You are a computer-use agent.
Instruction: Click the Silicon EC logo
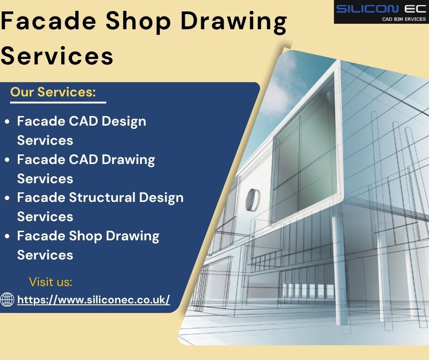[x=381, y=12]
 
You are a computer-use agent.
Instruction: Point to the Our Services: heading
[x=53, y=92]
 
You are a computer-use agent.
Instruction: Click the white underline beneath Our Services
[x=58, y=102]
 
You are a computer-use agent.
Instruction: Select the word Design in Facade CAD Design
[x=124, y=122]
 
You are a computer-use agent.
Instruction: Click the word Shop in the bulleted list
[x=85, y=236]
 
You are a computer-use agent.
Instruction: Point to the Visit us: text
[x=50, y=282]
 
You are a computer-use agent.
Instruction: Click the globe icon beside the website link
[x=7, y=300]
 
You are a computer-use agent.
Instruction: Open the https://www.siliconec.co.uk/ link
[x=94, y=300]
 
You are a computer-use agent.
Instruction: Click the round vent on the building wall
[x=253, y=200]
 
